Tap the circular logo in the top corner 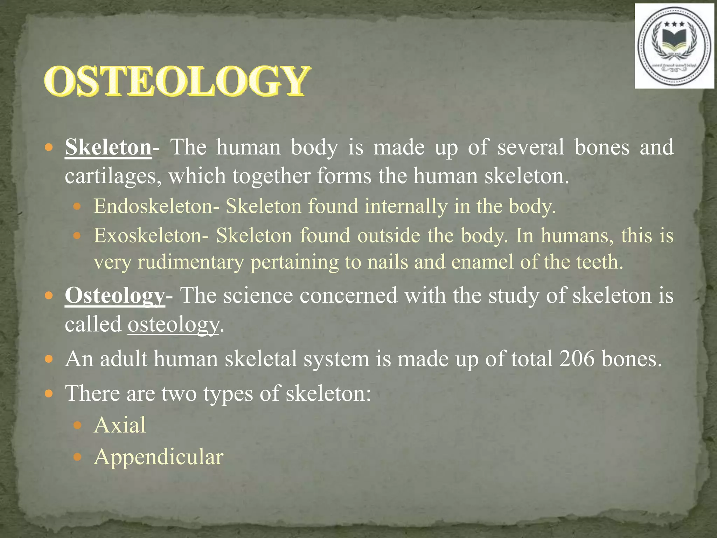click(x=674, y=46)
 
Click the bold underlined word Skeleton click(x=108, y=147)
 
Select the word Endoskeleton click(x=153, y=206)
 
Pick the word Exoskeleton click(x=147, y=235)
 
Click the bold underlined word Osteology click(x=114, y=296)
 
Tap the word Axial click(x=120, y=425)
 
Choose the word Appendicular click(x=158, y=457)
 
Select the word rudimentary click(x=191, y=262)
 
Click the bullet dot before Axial click(x=78, y=426)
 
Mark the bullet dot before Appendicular click(x=78, y=457)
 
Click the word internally click(x=406, y=206)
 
